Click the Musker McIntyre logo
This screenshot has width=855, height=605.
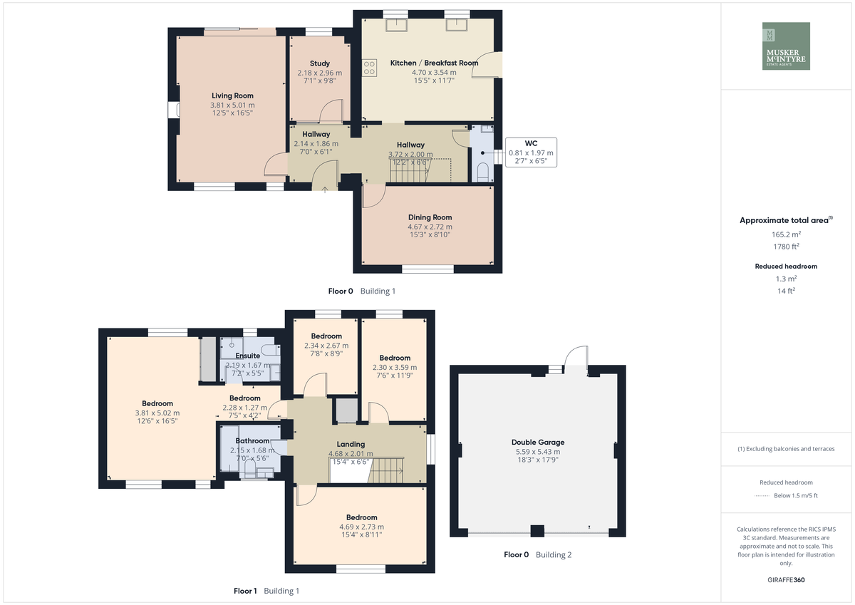point(786,46)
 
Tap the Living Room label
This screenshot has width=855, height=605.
point(232,95)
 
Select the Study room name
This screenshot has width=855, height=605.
point(320,63)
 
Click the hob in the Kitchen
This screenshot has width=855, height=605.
point(369,68)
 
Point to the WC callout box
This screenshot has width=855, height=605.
point(531,152)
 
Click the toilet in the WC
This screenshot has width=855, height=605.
point(483,172)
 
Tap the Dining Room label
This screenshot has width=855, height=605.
point(430,217)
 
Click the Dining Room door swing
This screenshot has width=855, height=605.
point(374,196)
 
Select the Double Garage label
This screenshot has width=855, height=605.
point(538,443)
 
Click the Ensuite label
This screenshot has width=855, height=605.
point(248,356)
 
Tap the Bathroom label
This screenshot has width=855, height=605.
point(252,441)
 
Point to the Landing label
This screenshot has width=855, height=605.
point(351,444)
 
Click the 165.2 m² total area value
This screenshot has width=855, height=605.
point(787,234)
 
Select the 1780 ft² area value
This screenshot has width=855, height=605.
point(787,247)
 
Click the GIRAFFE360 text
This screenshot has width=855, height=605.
point(786,580)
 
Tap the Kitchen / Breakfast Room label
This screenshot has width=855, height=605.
point(434,63)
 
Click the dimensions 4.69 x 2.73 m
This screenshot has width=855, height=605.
point(362,527)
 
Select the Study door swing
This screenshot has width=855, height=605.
point(331,110)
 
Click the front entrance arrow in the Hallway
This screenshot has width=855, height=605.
point(325,190)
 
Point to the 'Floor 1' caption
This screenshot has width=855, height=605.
point(245,591)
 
